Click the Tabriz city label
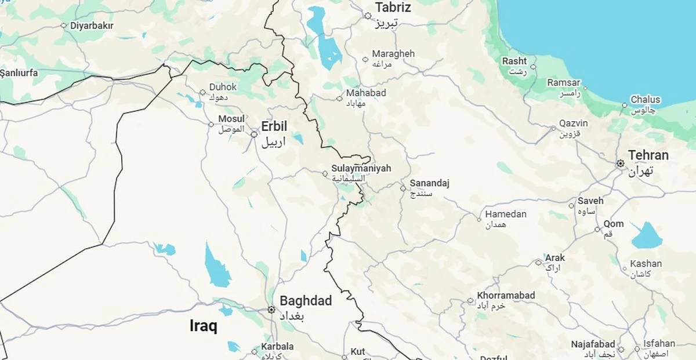393,8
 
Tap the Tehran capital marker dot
620,164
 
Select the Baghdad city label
306,301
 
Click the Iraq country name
204,326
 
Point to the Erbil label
274,127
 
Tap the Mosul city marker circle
212,124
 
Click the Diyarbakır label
92,26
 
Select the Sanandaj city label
429,184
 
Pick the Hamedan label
506,214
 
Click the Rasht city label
514,61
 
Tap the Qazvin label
573,124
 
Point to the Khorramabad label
506,296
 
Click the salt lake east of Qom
647,236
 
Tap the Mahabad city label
365,93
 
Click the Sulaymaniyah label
361,169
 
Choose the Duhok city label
223,88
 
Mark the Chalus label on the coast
645,100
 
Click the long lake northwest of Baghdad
217,267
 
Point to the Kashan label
646,263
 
